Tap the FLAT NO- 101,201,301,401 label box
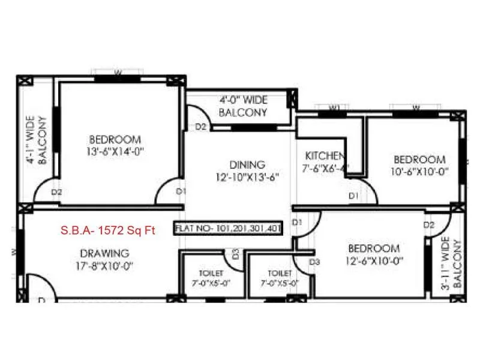point(227,229)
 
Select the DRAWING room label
point(103,253)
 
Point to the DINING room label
point(247,164)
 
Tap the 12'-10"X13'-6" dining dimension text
point(247,177)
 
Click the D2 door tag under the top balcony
point(201,127)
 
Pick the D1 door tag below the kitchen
point(353,196)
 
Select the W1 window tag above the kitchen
point(334,108)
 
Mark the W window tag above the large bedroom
point(118,73)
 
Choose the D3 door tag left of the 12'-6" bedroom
point(314,262)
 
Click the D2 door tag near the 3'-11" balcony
point(428,225)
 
